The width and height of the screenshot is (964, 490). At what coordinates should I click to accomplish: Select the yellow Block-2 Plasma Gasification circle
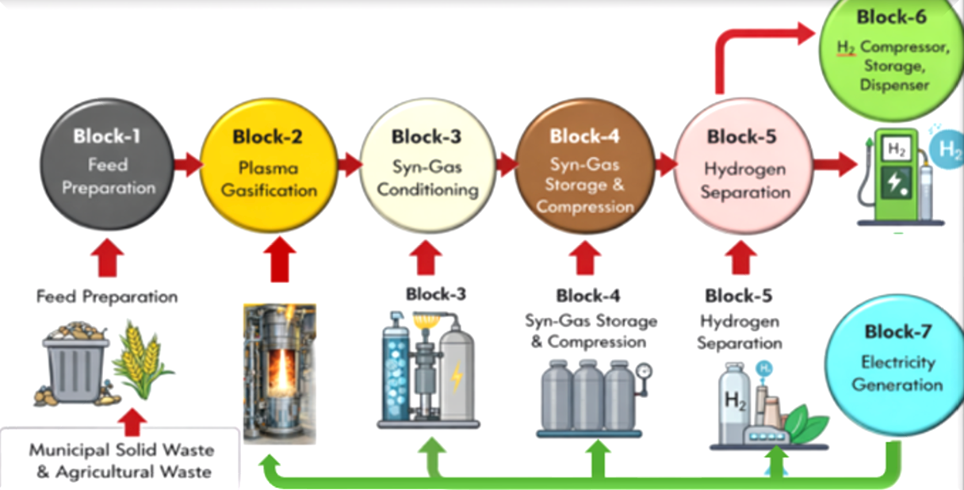(x=268, y=165)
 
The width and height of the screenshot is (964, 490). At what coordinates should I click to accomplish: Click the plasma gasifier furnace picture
(x=279, y=373)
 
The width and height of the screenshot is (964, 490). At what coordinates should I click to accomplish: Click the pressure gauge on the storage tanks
(x=643, y=370)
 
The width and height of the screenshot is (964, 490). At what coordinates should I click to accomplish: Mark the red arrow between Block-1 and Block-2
(x=189, y=165)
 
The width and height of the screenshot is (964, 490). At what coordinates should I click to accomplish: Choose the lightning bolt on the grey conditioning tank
(x=457, y=378)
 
